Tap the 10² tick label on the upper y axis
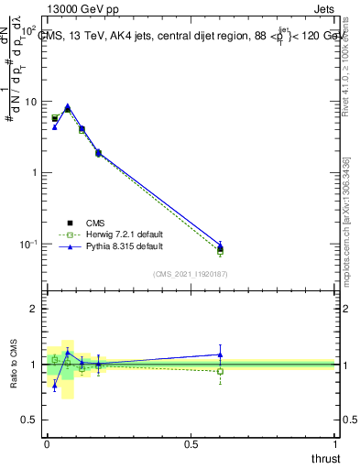click(28, 31)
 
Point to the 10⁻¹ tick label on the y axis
click(28, 245)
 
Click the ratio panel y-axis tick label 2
click(34, 310)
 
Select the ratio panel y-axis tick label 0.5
click(30, 420)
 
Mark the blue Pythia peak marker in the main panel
click(67, 105)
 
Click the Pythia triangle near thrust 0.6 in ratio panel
click(220, 354)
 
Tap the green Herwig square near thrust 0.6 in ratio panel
click(220, 371)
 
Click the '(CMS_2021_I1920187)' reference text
click(191, 273)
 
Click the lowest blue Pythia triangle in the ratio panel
click(54, 386)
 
